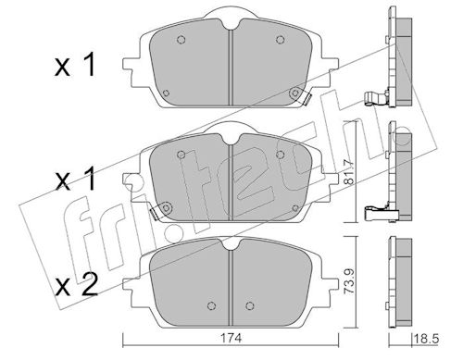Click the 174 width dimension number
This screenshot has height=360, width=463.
pos(235,338)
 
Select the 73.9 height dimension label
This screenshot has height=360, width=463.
pos(350,281)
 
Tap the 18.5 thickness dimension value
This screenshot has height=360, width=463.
pos(427,340)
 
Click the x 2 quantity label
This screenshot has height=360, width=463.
pos(76,284)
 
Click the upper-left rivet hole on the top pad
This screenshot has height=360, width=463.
pos(181,40)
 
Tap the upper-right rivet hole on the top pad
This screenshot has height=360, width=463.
pos(280,40)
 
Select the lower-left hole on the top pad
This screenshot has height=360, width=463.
pos(166,93)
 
